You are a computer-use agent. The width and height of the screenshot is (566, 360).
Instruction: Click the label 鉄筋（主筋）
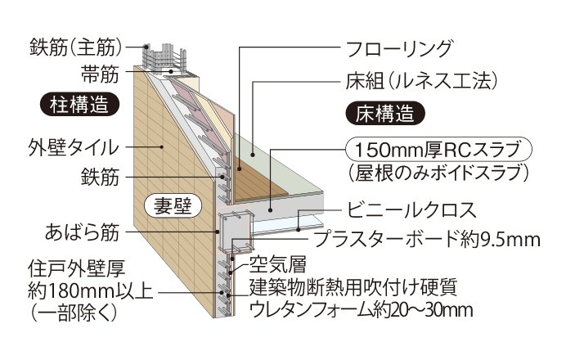[75, 47]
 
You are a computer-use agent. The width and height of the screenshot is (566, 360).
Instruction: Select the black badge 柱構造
[79, 104]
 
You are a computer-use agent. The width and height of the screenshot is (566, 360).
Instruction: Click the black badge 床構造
[385, 113]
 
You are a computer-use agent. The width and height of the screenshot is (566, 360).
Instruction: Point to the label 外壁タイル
[74, 147]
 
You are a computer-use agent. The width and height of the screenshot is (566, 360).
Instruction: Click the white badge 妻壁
[173, 206]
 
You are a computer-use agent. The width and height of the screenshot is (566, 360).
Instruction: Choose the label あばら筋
[82, 232]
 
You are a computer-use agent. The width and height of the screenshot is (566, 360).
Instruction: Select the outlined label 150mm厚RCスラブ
[438, 150]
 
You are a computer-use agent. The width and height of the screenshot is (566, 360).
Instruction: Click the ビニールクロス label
[411, 210]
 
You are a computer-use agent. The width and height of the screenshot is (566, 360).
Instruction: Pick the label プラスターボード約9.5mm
[427, 239]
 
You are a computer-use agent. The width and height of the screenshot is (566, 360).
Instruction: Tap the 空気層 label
[278, 264]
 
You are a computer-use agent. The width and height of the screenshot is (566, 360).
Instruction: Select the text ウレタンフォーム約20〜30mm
[361, 310]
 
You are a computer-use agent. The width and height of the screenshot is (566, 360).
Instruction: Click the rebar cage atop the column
[164, 60]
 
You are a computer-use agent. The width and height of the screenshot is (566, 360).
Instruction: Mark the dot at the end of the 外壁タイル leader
[162, 147]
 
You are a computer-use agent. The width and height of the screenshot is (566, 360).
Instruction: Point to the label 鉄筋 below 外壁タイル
[100, 177]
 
